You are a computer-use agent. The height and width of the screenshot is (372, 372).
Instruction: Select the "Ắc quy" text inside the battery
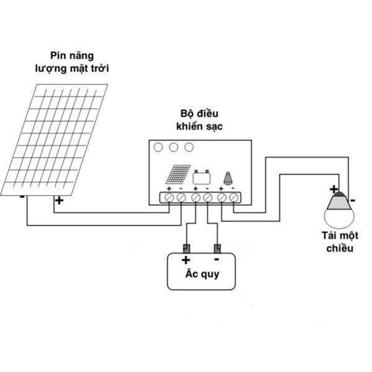click(x=202, y=274)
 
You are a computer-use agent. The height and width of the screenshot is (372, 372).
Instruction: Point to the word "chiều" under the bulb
click(x=340, y=248)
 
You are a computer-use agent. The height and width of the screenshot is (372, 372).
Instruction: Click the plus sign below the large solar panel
click(x=59, y=200)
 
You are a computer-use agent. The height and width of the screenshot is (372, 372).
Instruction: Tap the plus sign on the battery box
click(x=186, y=260)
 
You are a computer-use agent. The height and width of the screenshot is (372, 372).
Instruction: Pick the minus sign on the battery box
click(x=217, y=259)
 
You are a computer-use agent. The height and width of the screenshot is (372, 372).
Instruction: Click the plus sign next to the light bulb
click(x=333, y=189)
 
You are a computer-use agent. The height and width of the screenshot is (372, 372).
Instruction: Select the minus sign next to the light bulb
click(x=353, y=200)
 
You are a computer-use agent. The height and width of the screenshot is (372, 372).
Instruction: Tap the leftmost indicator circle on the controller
click(x=158, y=147)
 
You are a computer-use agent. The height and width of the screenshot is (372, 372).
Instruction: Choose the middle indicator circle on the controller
click(x=174, y=147)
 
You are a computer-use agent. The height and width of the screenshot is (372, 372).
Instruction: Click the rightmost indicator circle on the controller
click(x=189, y=147)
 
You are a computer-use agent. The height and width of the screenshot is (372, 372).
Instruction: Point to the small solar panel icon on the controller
click(x=178, y=174)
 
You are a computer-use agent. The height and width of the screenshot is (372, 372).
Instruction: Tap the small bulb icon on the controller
click(x=228, y=178)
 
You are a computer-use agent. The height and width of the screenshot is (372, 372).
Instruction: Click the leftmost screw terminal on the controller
click(x=169, y=198)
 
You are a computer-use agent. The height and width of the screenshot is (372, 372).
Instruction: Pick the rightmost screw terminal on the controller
click(x=234, y=198)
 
